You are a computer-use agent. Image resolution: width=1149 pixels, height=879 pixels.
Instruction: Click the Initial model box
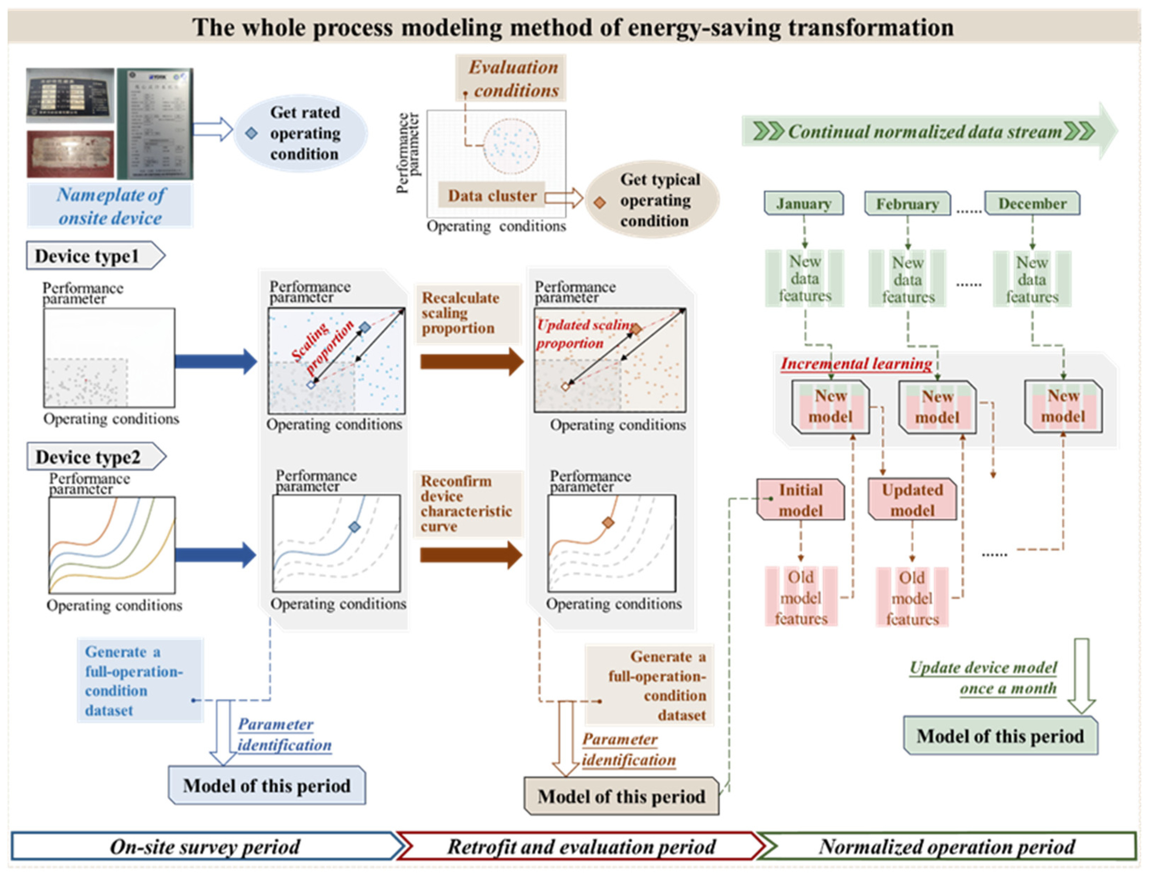[x=800, y=500]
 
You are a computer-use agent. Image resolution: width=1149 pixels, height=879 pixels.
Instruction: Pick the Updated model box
[x=912, y=500]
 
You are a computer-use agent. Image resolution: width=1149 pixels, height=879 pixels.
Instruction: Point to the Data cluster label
[x=492, y=196]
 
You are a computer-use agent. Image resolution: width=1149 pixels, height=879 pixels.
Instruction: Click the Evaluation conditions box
[x=511, y=78]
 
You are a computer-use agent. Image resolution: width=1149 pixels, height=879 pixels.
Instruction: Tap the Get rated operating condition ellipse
[x=300, y=133]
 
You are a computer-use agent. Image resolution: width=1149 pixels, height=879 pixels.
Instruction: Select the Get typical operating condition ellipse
[x=653, y=200]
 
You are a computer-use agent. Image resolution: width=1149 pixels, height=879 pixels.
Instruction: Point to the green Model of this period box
[x=1000, y=736]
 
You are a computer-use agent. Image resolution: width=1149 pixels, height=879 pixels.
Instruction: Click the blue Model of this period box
[x=267, y=785]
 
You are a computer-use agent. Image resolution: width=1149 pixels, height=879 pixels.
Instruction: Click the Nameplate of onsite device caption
[x=111, y=206]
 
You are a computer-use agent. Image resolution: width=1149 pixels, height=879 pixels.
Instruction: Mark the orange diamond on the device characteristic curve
[x=607, y=522]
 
